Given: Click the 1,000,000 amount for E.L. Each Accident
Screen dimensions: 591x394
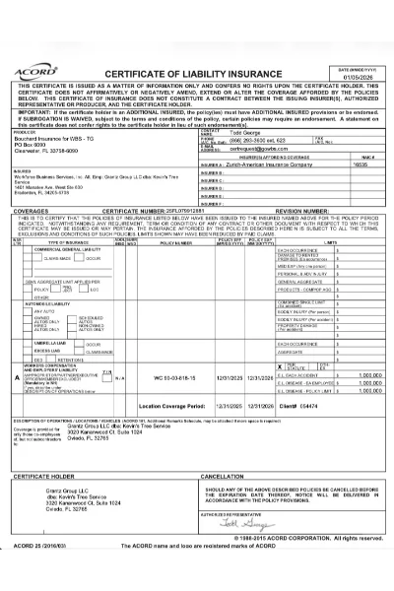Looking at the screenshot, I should click(x=369, y=375).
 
